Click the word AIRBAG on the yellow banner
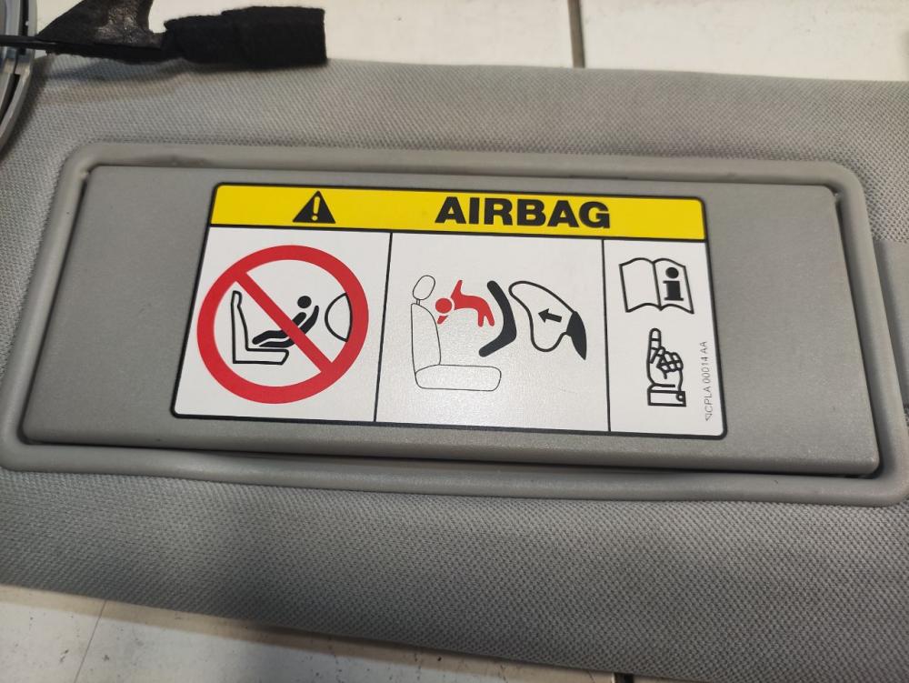[523, 212]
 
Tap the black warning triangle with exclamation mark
[314, 209]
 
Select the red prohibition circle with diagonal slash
[283, 324]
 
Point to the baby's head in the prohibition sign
[304, 302]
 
